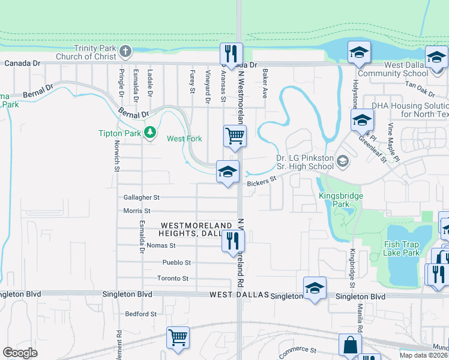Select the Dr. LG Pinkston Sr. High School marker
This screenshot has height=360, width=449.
[x=343, y=161]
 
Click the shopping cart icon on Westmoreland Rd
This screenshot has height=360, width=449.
[x=235, y=136]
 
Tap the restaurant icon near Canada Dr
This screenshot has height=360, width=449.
[x=231, y=53]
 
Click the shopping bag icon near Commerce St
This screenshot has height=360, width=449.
[x=350, y=346]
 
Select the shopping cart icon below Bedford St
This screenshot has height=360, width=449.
[x=178, y=338]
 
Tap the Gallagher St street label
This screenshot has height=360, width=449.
[x=142, y=197]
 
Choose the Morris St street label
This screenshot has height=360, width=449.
[x=137, y=211]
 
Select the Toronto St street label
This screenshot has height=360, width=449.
[x=173, y=278]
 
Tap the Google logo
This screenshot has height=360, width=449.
[x=20, y=352]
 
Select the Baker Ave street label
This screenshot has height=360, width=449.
[x=264, y=82]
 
